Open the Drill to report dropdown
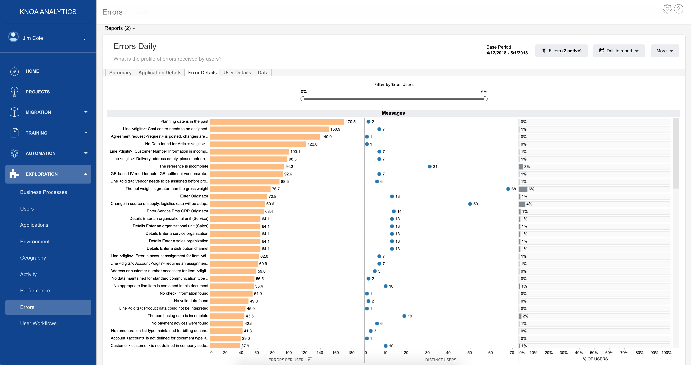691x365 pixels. pyautogui.click(x=619, y=51)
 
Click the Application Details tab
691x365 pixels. pyautogui.click(x=160, y=72)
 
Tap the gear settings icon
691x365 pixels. pyautogui.click(x=667, y=9)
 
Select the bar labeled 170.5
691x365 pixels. pyautogui.click(x=277, y=122)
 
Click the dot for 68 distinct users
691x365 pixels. pyautogui.click(x=508, y=189)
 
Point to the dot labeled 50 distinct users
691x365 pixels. pyautogui.click(x=470, y=204)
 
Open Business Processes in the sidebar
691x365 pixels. pyautogui.click(x=43, y=192)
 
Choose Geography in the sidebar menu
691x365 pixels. pyautogui.click(x=33, y=258)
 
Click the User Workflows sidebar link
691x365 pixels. pyautogui.click(x=38, y=323)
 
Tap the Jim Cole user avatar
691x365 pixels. pyautogui.click(x=13, y=37)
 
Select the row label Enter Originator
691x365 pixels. pyautogui.click(x=194, y=196)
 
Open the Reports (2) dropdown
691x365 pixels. pyautogui.click(x=120, y=28)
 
